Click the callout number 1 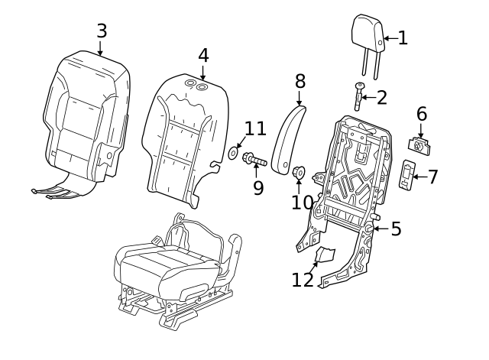point(403,38)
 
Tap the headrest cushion point(367,33)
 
